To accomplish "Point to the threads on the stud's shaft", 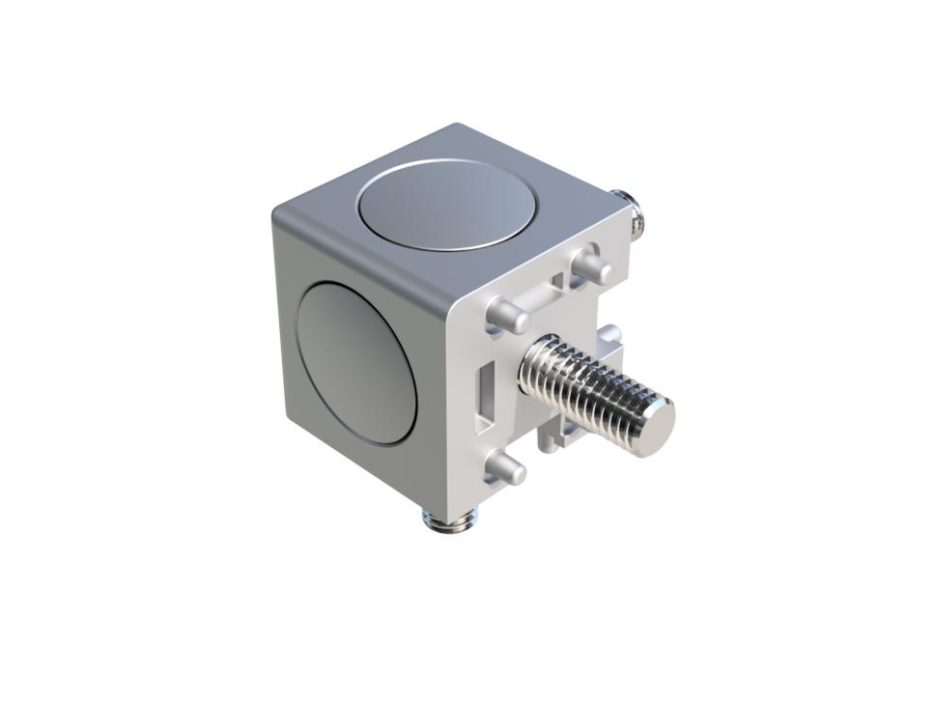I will pyautogui.click(x=589, y=392).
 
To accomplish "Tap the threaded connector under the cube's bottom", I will pyautogui.click(x=446, y=522).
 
